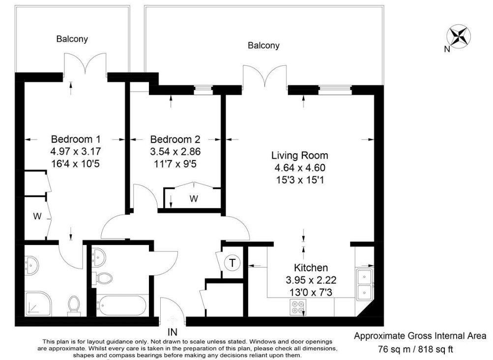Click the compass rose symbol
(x=459, y=36)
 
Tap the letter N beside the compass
(x=447, y=49)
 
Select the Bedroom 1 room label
(x=76, y=139)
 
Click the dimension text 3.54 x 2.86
(x=175, y=151)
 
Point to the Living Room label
(x=300, y=155)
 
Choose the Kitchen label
(x=311, y=268)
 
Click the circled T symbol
(x=232, y=263)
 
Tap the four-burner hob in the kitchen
(x=297, y=307)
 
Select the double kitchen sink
(x=364, y=284)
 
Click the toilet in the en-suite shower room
(x=74, y=305)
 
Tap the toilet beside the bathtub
(x=103, y=278)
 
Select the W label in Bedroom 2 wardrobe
(x=194, y=198)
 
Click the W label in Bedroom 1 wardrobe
(x=37, y=216)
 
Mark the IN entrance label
(x=173, y=332)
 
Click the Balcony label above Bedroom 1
(x=72, y=39)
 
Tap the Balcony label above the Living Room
(x=263, y=46)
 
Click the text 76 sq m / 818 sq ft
(x=415, y=349)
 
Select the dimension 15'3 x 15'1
(x=300, y=180)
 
